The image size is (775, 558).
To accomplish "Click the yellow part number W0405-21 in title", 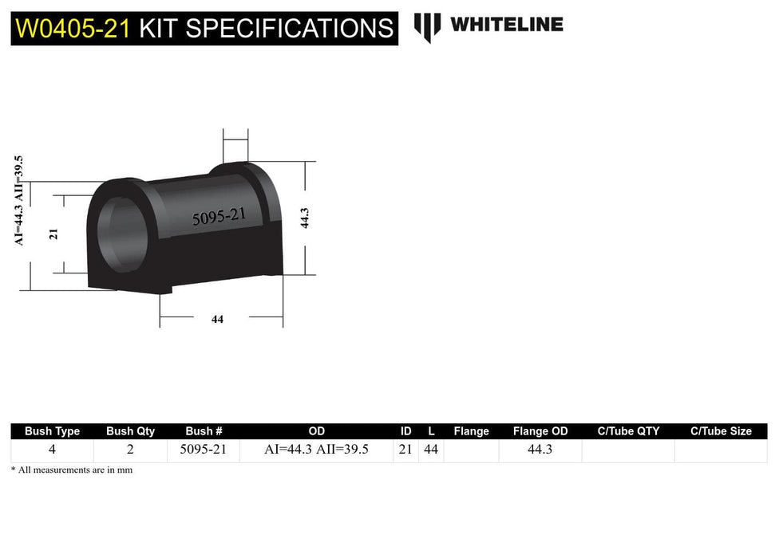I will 73,29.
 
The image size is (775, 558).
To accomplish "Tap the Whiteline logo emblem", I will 427,26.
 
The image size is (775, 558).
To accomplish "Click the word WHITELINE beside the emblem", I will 506,25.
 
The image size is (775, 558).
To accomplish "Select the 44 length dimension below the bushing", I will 217,319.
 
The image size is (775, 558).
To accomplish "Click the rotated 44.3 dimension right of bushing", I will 304,218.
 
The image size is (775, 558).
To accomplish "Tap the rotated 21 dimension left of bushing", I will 53,234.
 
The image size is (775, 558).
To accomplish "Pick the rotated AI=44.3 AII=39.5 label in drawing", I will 19,200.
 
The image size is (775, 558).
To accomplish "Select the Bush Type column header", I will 52,431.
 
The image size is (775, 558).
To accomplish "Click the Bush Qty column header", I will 131,431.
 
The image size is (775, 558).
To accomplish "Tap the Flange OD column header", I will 540,431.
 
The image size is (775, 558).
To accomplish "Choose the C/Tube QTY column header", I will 628,431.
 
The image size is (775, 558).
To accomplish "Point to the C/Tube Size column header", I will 721,431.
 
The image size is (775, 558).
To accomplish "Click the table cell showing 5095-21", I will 204,450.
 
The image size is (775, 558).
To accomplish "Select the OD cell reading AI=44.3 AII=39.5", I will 316,450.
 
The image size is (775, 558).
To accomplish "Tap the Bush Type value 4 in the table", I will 52,450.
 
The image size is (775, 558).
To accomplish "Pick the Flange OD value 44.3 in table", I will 540,450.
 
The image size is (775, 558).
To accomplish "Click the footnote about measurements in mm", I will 72,470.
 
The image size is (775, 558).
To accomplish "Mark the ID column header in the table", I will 405,431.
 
